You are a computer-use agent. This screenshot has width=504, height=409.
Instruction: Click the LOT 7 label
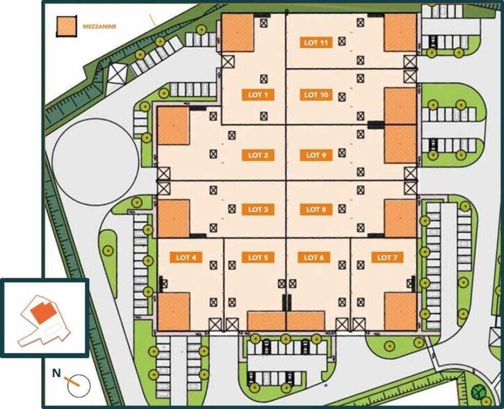pos(387,257)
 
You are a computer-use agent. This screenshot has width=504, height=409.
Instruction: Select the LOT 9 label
pos(316,155)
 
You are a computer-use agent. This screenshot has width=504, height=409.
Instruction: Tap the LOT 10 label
pos(316,94)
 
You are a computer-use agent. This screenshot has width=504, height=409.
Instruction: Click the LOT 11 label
pos(316,42)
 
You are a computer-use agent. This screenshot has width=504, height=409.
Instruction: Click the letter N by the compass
pos(56,374)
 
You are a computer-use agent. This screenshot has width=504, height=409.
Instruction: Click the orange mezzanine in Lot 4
pos(173,311)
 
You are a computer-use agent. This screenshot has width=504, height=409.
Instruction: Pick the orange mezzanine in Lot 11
pos(399,33)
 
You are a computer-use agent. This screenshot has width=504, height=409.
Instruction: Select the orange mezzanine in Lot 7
pos(400,311)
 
